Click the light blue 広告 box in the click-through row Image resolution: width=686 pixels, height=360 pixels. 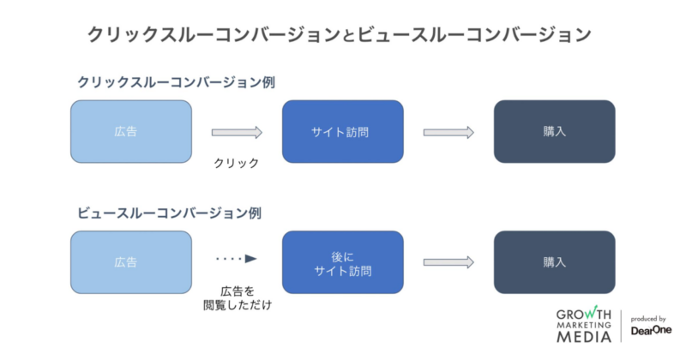tap(131, 132)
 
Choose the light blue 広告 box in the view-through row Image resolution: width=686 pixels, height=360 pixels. tap(131, 262)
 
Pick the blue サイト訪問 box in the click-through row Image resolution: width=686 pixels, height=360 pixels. tap(342, 132)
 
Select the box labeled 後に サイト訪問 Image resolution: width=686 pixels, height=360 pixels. tap(342, 262)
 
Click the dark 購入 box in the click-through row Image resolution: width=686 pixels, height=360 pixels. tap(554, 132)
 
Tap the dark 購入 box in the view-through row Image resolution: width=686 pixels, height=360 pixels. tap(554, 262)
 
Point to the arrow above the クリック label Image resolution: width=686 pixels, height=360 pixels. tap(237, 132)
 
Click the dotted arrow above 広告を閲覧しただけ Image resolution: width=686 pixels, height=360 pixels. tap(237, 257)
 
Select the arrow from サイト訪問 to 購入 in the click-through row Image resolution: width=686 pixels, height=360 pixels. tap(448, 132)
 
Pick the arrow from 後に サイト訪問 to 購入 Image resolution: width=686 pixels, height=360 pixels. tap(448, 262)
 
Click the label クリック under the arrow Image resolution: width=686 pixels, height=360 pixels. tap(237, 162)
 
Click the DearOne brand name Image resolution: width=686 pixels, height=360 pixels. tap(651, 330)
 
